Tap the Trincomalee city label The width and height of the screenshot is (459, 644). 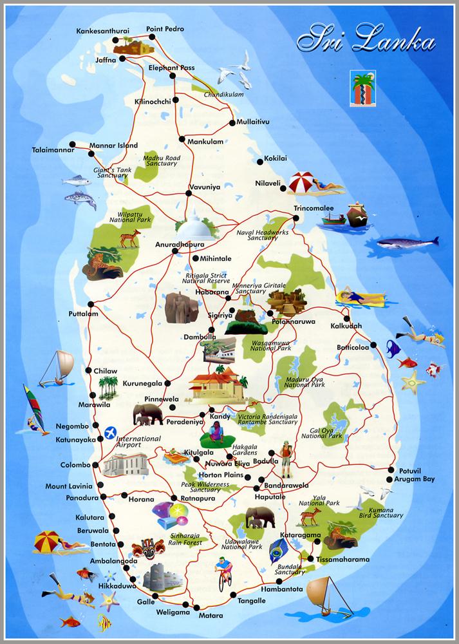click(x=314, y=209)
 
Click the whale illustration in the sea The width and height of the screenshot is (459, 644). click(x=407, y=243)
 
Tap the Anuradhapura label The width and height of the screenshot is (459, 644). click(x=180, y=245)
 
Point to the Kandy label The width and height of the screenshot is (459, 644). click(x=220, y=417)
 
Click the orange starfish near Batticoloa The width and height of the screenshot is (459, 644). click(x=413, y=382)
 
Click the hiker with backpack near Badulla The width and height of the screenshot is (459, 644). click(x=286, y=459)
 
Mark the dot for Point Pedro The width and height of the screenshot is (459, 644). click(x=153, y=37)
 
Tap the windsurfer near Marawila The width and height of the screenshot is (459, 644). click(x=33, y=409)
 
